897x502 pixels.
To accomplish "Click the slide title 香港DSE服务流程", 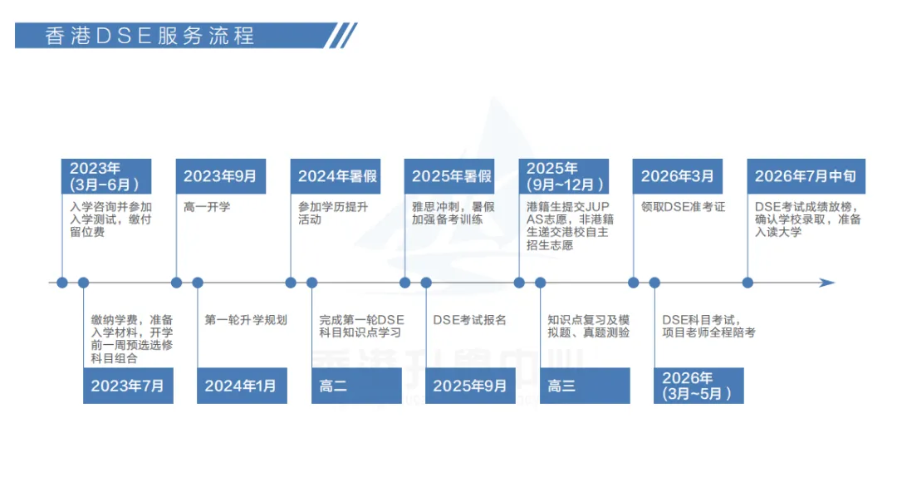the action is tap(149, 36).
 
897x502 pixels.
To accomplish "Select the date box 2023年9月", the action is tap(221, 176).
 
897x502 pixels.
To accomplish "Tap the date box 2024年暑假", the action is tap(336, 176).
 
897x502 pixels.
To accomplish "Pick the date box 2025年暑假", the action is tap(450, 176).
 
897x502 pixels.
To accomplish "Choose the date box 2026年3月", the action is tap(677, 176).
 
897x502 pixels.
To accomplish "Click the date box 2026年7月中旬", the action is tap(805, 176).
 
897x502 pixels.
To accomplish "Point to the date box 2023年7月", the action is tap(128, 386).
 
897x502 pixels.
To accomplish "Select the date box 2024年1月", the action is tap(242, 386).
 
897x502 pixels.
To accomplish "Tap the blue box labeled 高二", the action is tap(356, 386).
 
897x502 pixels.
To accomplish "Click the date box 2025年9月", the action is tap(470, 386).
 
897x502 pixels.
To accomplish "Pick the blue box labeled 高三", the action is tap(585, 386).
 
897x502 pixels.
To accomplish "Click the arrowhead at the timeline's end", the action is tap(826, 283).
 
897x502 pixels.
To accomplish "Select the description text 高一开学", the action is tap(207, 207).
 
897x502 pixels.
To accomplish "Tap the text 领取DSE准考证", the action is tap(683, 207).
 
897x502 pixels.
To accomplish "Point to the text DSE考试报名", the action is tap(469, 320).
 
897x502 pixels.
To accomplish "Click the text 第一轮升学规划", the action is tap(246, 320).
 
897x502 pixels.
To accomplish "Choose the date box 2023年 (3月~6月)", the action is tap(106, 176).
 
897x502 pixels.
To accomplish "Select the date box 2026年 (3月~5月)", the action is tap(698, 386).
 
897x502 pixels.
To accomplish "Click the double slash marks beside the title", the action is tap(342, 35).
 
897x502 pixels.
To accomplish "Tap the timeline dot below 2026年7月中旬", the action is tap(747, 283).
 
